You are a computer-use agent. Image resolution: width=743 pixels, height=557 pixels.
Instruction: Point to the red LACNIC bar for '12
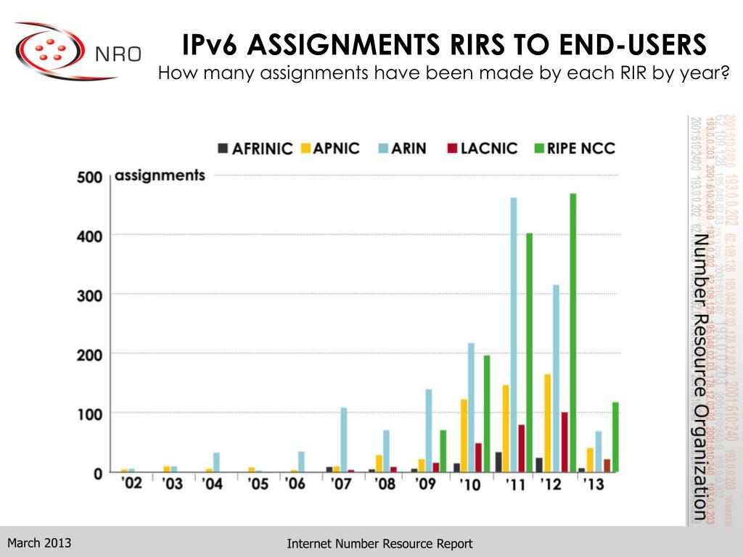click(x=565, y=442)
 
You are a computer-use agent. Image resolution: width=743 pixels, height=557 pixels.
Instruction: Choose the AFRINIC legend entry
click(x=255, y=149)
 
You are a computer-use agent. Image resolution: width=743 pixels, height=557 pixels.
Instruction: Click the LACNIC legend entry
click(x=483, y=149)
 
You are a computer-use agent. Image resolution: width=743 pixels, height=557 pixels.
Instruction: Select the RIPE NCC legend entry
click(x=575, y=149)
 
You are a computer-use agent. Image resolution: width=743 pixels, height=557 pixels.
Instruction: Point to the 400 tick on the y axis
click(x=90, y=236)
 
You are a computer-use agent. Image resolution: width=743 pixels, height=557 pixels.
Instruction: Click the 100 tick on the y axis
click(x=90, y=413)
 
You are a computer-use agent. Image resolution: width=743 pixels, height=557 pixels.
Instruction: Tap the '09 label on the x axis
click(x=426, y=484)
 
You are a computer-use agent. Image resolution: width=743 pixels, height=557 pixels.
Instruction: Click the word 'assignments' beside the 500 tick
click(x=160, y=176)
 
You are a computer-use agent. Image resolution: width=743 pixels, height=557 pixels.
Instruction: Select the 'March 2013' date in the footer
click(x=39, y=542)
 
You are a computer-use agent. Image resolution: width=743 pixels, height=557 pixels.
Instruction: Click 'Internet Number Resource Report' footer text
click(x=379, y=543)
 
